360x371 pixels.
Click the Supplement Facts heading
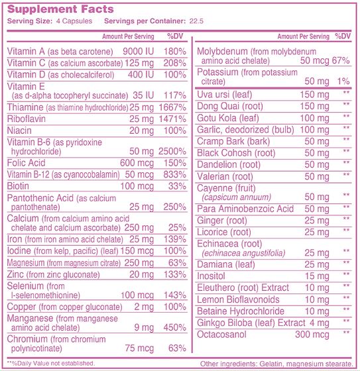(x=60, y=9)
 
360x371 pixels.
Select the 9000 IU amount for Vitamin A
(x=141, y=52)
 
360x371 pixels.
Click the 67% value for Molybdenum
(x=340, y=60)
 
